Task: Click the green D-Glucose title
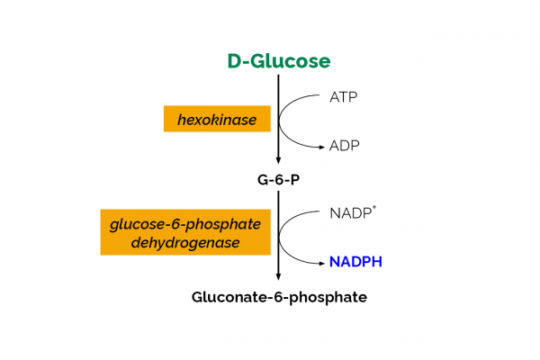click(278, 61)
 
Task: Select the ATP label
click(345, 96)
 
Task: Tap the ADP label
click(346, 144)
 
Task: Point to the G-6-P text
click(278, 179)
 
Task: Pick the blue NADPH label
click(355, 262)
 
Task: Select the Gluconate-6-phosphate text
click(279, 296)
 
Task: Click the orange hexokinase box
click(217, 119)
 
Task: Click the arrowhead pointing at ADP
click(319, 144)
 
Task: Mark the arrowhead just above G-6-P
click(278, 159)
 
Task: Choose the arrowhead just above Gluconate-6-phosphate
click(278, 276)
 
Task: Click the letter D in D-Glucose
click(235, 61)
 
